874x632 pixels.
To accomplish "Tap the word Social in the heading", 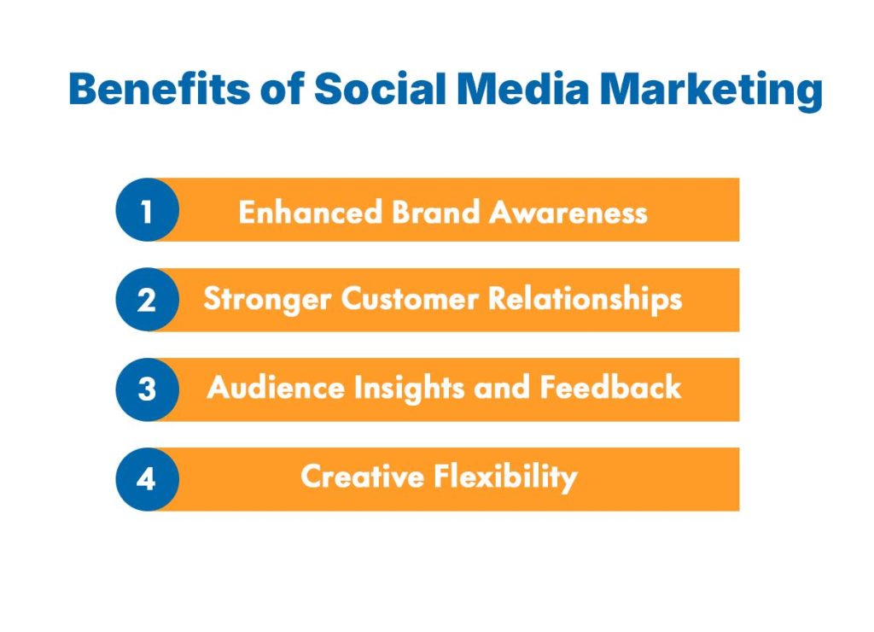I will pyautogui.click(x=376, y=90).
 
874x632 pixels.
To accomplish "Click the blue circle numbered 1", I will pyautogui.click(x=147, y=210).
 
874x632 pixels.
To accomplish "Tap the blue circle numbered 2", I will pyautogui.click(x=147, y=300).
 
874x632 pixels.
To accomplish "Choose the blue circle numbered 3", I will pyautogui.click(x=147, y=389).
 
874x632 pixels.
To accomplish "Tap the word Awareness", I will pyautogui.click(x=568, y=211).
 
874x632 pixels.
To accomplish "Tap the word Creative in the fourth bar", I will pyautogui.click(x=362, y=477).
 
